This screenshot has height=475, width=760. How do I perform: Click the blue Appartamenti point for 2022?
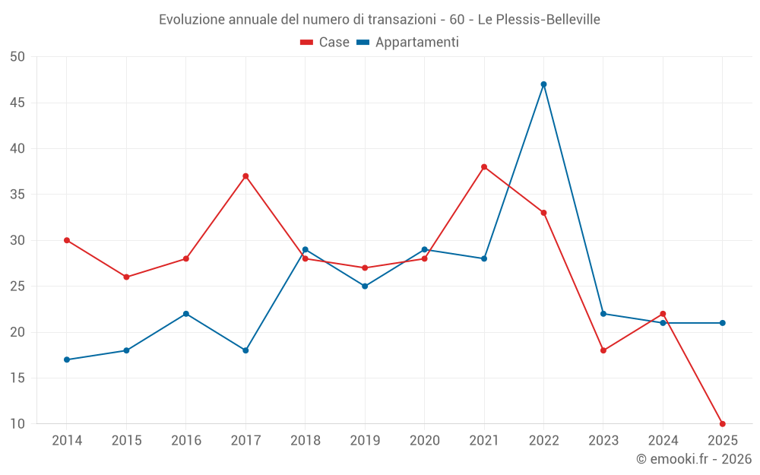(543, 84)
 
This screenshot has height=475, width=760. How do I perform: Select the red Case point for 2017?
(245, 176)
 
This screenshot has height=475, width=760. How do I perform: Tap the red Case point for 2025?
(722, 424)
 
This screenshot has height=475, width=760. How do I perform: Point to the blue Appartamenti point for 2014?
(67, 359)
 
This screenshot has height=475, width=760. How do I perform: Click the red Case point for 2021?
(484, 167)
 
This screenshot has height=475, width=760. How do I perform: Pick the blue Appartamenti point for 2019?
(365, 287)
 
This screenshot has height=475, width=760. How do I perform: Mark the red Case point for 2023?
(603, 350)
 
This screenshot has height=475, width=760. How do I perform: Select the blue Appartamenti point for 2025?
(722, 323)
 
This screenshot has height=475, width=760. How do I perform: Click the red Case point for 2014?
(67, 240)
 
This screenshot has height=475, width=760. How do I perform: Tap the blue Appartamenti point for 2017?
(245, 350)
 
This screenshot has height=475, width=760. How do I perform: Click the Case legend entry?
(325, 43)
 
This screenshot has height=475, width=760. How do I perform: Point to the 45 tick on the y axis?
(17, 103)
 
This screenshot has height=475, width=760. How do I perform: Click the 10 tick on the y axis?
(17, 424)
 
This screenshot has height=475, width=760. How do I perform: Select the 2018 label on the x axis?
(305, 441)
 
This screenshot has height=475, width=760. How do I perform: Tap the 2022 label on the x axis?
(543, 441)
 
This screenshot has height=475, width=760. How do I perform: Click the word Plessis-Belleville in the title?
(539, 20)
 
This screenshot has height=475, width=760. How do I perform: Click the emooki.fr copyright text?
(694, 459)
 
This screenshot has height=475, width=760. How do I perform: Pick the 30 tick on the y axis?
(17, 240)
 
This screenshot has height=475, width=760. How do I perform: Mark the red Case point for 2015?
(126, 277)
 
